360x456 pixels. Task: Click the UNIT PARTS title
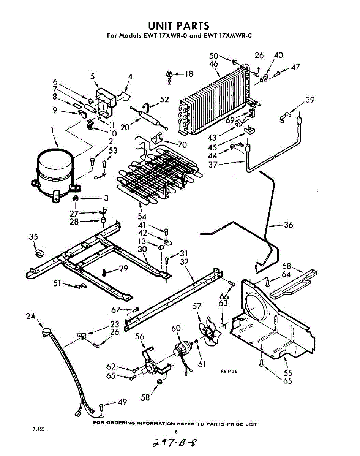pyautogui.click(x=178, y=26)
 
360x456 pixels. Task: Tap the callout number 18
pyautogui.click(x=189, y=74)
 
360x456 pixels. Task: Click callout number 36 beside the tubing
pyautogui.click(x=288, y=225)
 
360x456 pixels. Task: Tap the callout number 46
pyautogui.click(x=213, y=64)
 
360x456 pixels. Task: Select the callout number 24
pyautogui.click(x=31, y=315)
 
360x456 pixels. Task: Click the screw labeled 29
pyautogui.click(x=104, y=272)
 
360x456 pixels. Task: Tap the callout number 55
pyautogui.click(x=288, y=373)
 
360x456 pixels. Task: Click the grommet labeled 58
pyautogui.click(x=160, y=382)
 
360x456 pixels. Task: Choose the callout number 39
pyautogui.click(x=310, y=100)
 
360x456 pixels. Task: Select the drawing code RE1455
pyautogui.click(x=229, y=372)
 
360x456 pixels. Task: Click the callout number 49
pyautogui.click(x=122, y=402)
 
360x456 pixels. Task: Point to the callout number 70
pyautogui.click(x=182, y=144)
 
